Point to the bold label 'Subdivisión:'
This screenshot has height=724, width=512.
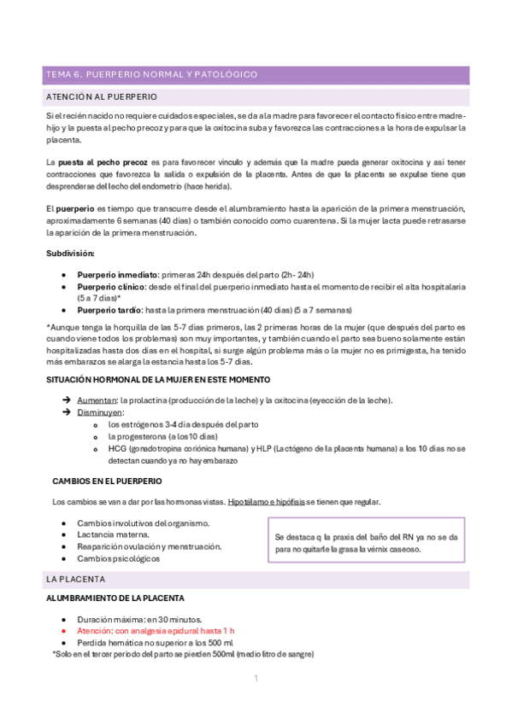(70, 253)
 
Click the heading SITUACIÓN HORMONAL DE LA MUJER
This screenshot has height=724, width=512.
(158, 378)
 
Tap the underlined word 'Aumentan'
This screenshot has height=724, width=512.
(97, 400)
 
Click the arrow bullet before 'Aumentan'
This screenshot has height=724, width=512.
(67, 400)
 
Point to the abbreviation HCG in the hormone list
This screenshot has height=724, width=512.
(116, 448)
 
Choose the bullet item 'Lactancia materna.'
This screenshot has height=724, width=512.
(113, 534)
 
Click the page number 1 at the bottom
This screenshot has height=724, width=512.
(256, 678)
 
